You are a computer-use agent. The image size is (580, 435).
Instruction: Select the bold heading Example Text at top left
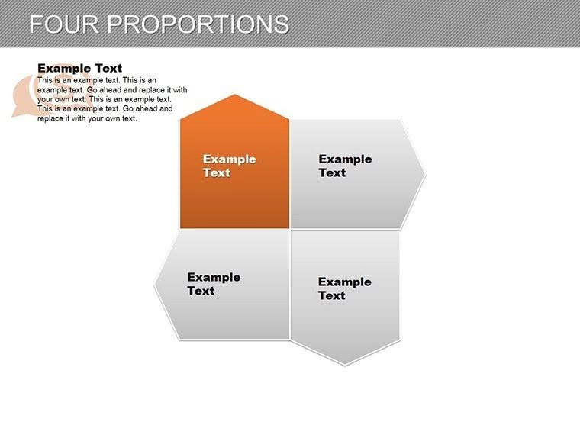click(x=79, y=68)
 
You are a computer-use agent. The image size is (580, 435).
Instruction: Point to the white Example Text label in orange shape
click(x=229, y=166)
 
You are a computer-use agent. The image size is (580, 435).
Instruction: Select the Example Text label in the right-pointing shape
click(x=345, y=166)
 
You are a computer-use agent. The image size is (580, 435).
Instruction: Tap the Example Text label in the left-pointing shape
click(x=214, y=284)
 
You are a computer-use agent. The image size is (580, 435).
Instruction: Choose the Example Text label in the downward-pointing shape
click(x=344, y=288)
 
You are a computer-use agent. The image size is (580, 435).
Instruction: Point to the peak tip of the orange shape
click(x=235, y=95)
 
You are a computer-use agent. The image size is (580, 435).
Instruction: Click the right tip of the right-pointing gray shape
click(x=425, y=174)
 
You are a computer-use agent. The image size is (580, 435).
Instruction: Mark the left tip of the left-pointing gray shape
click(x=155, y=285)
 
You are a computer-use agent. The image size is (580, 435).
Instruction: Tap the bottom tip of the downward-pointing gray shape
click(x=345, y=365)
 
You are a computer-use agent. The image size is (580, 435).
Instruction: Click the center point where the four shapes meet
click(x=290, y=229)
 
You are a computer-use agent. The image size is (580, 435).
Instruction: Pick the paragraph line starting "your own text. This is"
click(x=104, y=99)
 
